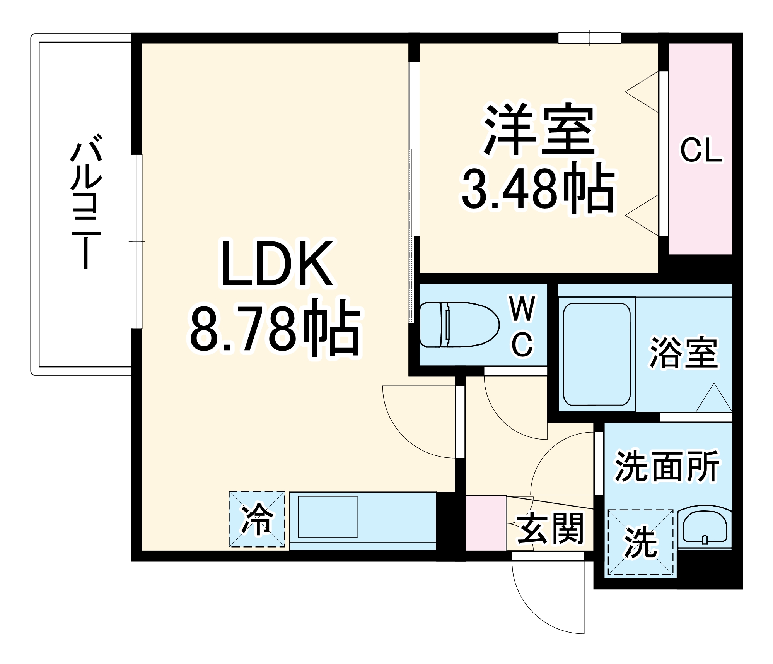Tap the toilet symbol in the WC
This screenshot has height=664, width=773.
pos(459,325)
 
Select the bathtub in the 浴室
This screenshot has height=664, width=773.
pos(597,354)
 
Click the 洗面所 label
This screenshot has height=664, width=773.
pos(667,466)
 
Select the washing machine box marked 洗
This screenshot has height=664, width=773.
pos(640,542)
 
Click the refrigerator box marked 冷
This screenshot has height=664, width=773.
pos(257,519)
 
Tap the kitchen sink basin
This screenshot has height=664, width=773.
pos(327,517)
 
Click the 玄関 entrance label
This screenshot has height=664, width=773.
pos(550,528)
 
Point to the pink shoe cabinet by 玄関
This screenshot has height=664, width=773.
pos(486,523)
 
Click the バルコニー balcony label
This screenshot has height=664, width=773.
pos(86,201)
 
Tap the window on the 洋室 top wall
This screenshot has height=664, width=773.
pos(589,38)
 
